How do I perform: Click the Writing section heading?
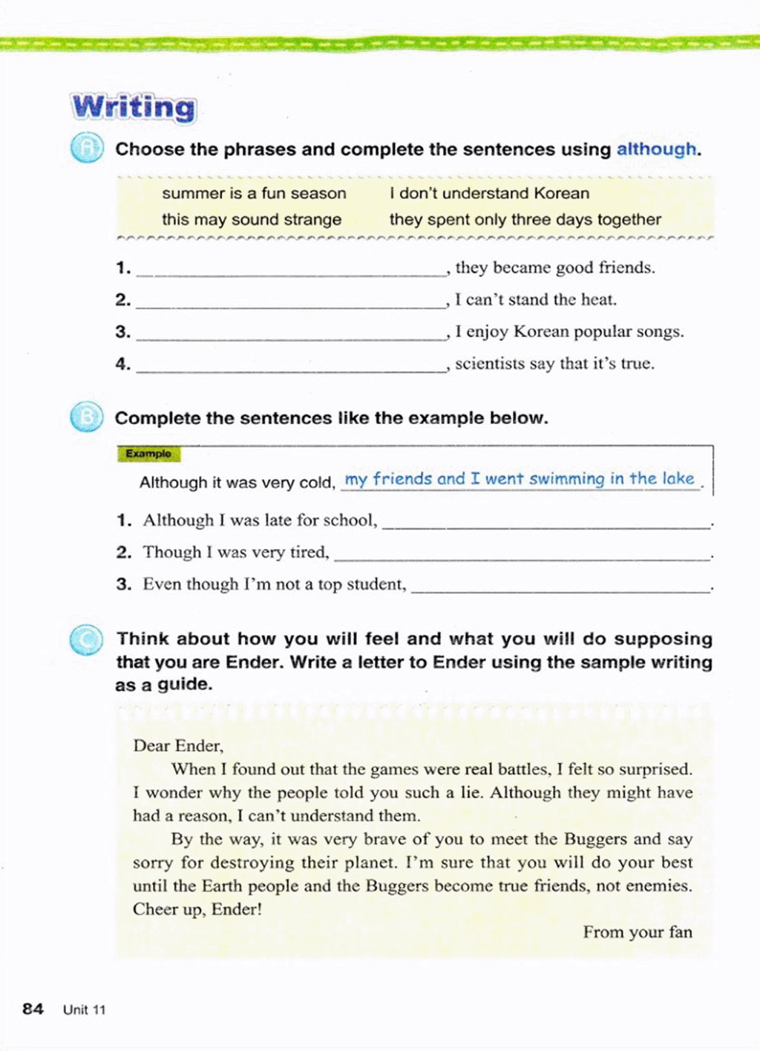coord(134,107)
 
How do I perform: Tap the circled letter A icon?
coord(87,149)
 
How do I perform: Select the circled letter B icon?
coord(86,417)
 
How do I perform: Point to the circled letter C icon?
coord(86,640)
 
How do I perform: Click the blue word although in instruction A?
coord(657,149)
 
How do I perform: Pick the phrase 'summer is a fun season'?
coord(254,193)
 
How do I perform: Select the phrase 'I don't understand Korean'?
coord(489,193)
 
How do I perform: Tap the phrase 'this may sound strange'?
coord(252,219)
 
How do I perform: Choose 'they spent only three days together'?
coord(525,219)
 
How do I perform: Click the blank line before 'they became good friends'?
coord(291,270)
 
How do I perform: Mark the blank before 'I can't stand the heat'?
coord(291,302)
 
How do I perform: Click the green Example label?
coord(148,454)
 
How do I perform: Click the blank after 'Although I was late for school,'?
coord(546,523)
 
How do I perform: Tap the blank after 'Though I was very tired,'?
coord(522,555)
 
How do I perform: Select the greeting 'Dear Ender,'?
coord(178,746)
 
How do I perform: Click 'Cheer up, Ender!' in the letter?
coord(197,909)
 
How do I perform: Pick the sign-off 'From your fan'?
coord(638,932)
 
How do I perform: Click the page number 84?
coord(33,1009)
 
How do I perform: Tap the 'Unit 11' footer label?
coord(85,1009)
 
